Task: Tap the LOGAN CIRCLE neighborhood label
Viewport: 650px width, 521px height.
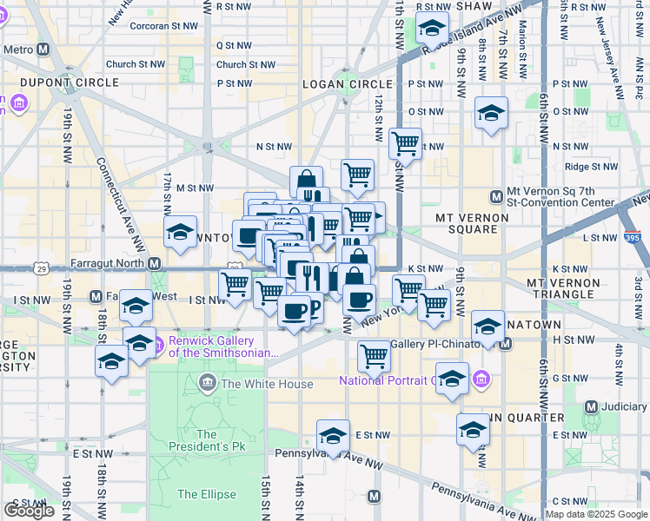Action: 335,83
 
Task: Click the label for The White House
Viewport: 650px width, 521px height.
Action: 268,384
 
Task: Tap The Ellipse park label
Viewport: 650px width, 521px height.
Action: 206,494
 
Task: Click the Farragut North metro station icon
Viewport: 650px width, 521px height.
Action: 155,263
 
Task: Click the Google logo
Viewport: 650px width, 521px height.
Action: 30,511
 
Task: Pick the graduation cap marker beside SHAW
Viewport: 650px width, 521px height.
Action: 432,30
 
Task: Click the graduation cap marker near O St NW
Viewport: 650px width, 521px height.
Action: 491,114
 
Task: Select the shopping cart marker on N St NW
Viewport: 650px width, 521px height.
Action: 404,143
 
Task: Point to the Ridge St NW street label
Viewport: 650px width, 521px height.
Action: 590,166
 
